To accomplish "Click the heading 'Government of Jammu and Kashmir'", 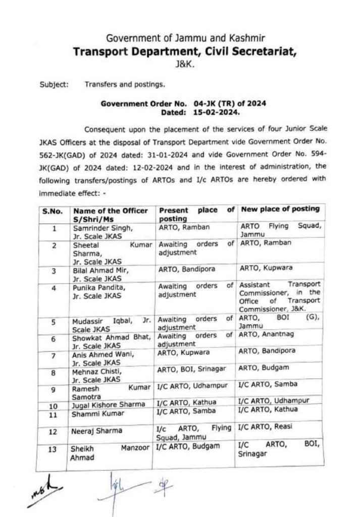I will click(180, 38).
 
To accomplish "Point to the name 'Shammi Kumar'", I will click(92, 414).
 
